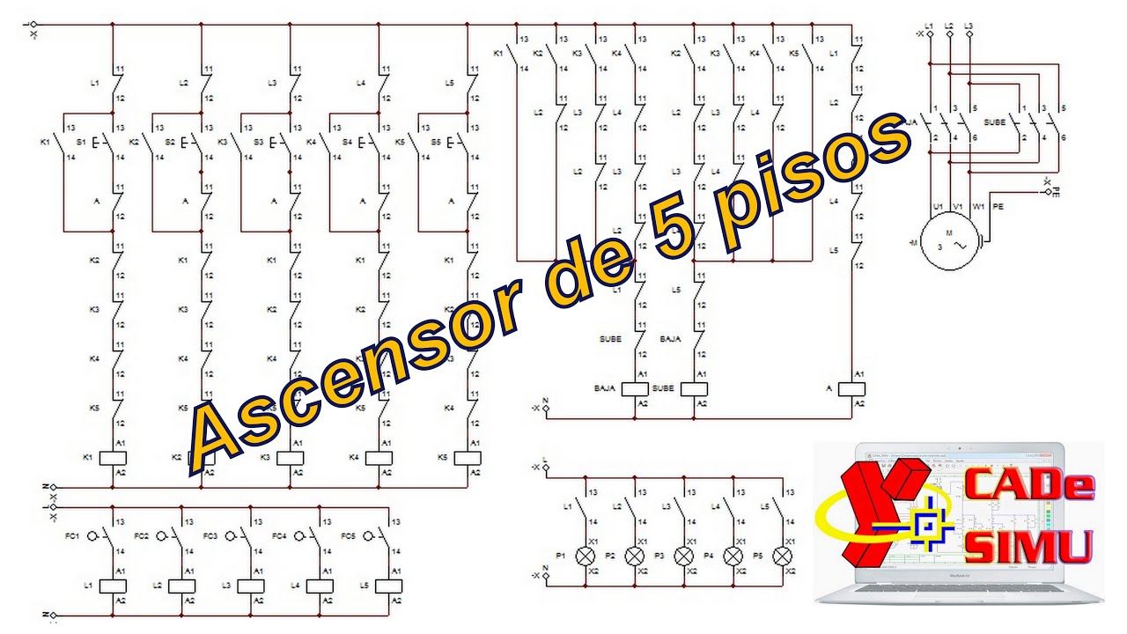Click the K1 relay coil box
click(114, 458)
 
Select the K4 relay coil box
click(379, 458)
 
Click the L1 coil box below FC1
click(113, 586)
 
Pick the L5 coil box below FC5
click(388, 586)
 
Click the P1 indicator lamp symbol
click(585, 556)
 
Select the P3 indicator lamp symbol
click(683, 556)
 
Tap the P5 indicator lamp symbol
click(782, 556)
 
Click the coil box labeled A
click(852, 388)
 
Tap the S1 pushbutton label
click(81, 142)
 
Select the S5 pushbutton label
click(435, 142)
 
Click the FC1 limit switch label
click(70, 535)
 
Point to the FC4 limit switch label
click(279, 535)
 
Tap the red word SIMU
click(1028, 545)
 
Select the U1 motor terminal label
click(939, 206)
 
